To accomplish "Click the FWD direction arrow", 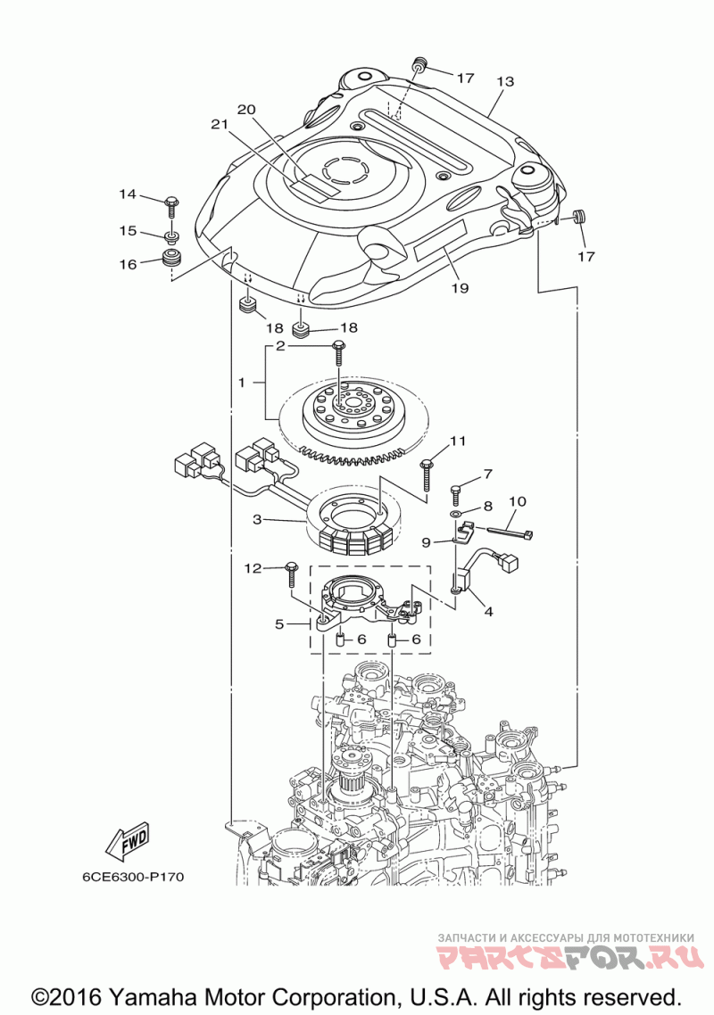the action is (128, 841).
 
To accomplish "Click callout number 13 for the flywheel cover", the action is (505, 81).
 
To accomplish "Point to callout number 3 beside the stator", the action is (257, 519).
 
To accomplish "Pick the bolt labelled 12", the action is (291, 574).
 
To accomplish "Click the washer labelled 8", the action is (456, 514).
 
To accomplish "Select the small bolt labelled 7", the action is (456, 494).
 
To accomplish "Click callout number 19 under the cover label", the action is (460, 288).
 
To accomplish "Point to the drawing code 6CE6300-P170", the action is (133, 877).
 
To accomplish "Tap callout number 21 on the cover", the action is (220, 124).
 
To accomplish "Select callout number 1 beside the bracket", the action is (242, 383).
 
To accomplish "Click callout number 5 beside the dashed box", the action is (279, 624).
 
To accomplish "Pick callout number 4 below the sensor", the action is (488, 611).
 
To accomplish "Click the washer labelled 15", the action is (172, 234).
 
